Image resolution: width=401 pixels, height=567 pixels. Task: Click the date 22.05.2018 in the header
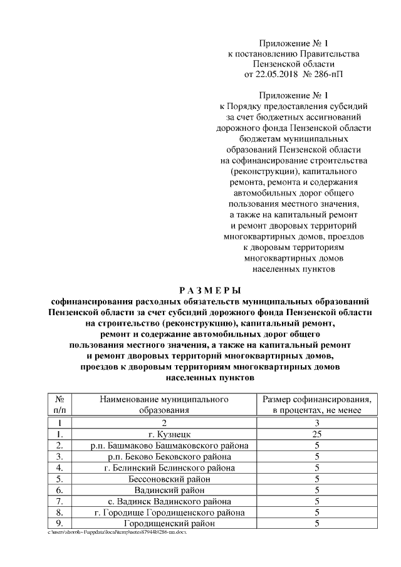[x=274, y=74]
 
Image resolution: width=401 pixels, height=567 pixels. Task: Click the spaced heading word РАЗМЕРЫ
[x=210, y=289]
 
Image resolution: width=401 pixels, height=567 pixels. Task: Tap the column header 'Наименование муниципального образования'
[x=164, y=404]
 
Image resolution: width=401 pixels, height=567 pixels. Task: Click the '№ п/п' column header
[x=60, y=404]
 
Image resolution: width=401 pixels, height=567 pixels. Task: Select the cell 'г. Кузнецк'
[x=164, y=434]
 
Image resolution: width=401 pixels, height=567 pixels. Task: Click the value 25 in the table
[x=317, y=434]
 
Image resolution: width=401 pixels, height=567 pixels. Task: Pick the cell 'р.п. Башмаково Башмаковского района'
[x=164, y=445]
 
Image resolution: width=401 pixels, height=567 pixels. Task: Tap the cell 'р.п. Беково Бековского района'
[x=164, y=457]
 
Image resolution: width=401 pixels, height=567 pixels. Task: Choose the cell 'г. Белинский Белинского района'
[x=164, y=468]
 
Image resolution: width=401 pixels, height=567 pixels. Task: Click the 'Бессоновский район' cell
[x=164, y=479]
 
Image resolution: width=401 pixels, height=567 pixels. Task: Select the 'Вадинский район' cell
[x=164, y=490]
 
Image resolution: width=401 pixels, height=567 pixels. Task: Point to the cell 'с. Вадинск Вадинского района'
[x=164, y=501]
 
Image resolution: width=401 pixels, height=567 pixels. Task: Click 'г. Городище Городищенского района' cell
[x=164, y=512]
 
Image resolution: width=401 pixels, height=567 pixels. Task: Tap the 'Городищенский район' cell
[x=164, y=523]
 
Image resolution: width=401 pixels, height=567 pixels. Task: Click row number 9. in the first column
[x=60, y=523]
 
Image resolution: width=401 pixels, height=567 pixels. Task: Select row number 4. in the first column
[x=60, y=468]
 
